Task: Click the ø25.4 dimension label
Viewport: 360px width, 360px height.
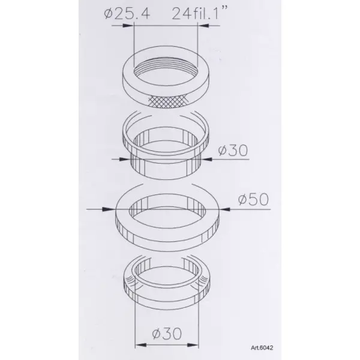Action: (127, 14)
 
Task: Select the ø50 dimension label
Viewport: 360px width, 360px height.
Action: (253, 199)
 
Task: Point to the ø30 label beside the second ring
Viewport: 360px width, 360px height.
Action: (233, 150)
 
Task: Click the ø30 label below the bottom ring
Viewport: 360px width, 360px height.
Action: (167, 334)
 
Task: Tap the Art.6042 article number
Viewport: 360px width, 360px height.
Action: (262, 348)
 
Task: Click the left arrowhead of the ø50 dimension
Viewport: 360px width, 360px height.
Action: (108, 209)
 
